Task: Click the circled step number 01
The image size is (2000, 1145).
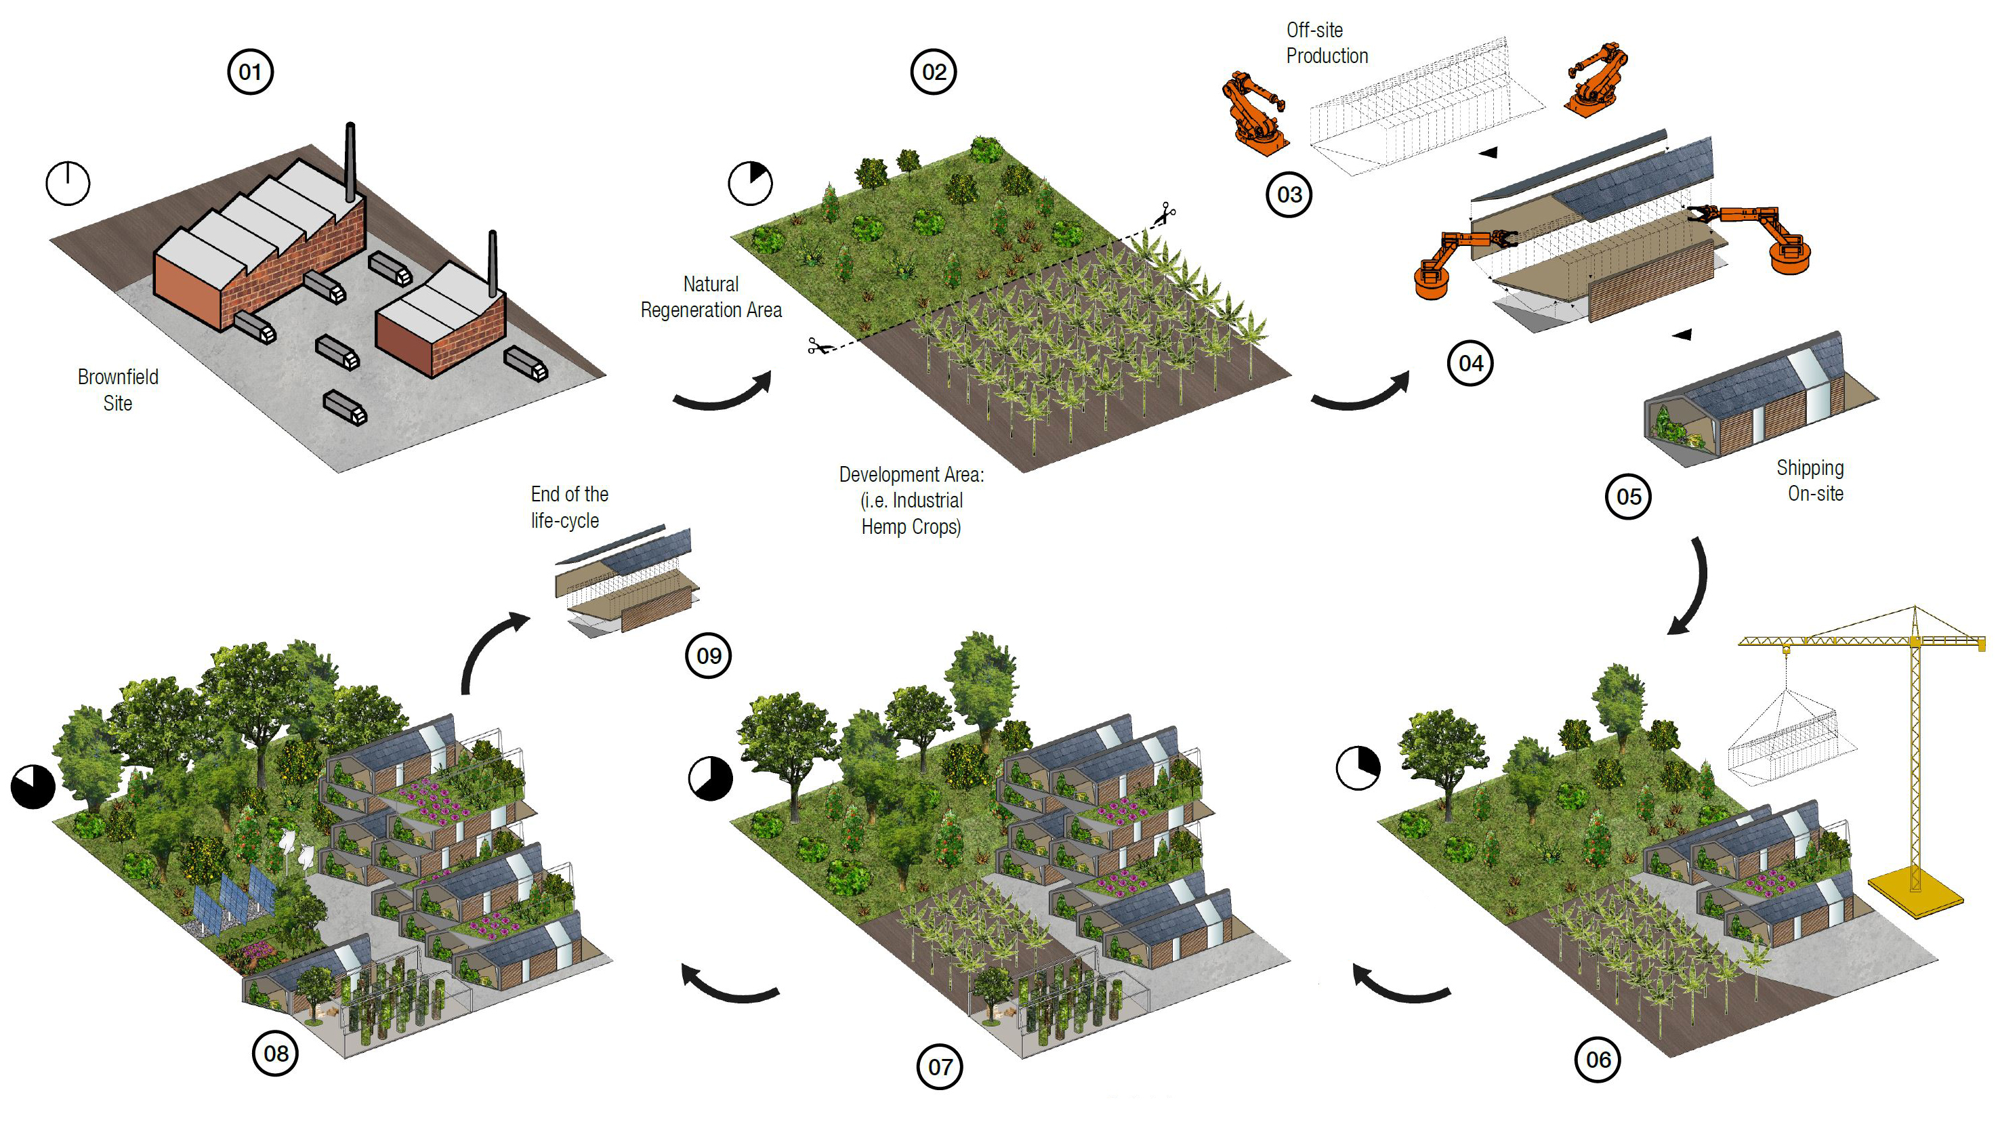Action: pos(250,72)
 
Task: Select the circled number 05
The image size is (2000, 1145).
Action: pos(1627,496)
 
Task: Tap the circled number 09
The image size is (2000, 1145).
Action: pos(709,655)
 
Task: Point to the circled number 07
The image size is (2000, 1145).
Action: pos(940,1066)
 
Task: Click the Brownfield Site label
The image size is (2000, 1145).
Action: pos(118,390)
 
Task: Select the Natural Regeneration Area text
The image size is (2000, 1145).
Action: pos(711,297)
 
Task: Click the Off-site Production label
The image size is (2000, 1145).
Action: pos(1327,43)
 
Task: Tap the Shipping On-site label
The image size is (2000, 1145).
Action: pos(1810,480)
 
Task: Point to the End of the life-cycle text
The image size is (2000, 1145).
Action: pos(568,507)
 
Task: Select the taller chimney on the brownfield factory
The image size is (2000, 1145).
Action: pos(351,161)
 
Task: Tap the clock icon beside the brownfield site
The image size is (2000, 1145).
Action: pos(68,183)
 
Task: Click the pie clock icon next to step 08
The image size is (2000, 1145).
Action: pos(33,786)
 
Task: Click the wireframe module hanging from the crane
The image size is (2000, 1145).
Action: pos(1789,739)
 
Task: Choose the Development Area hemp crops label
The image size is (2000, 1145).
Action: pos(911,500)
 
